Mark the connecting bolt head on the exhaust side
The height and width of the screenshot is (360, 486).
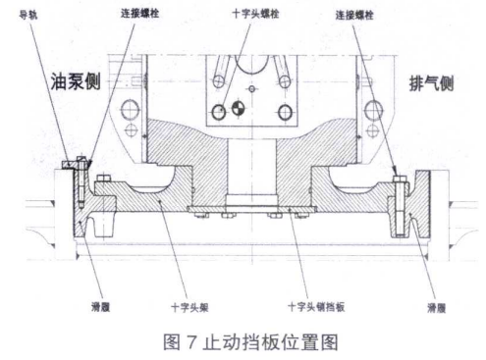click(397, 177)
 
